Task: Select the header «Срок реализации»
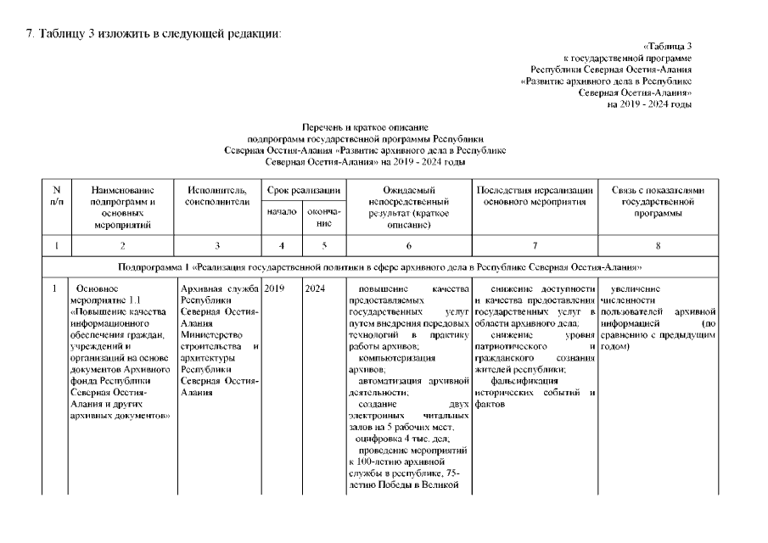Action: pyautogui.click(x=304, y=191)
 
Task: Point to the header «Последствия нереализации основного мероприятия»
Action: pyautogui.click(x=532, y=197)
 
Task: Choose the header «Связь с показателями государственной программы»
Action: pyautogui.click(x=658, y=202)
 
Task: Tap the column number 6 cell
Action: pyautogui.click(x=408, y=246)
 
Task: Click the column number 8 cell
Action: pyautogui.click(x=658, y=246)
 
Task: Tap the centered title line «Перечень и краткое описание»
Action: pyautogui.click(x=364, y=126)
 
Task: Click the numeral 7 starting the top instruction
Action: pyautogui.click(x=31, y=33)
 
